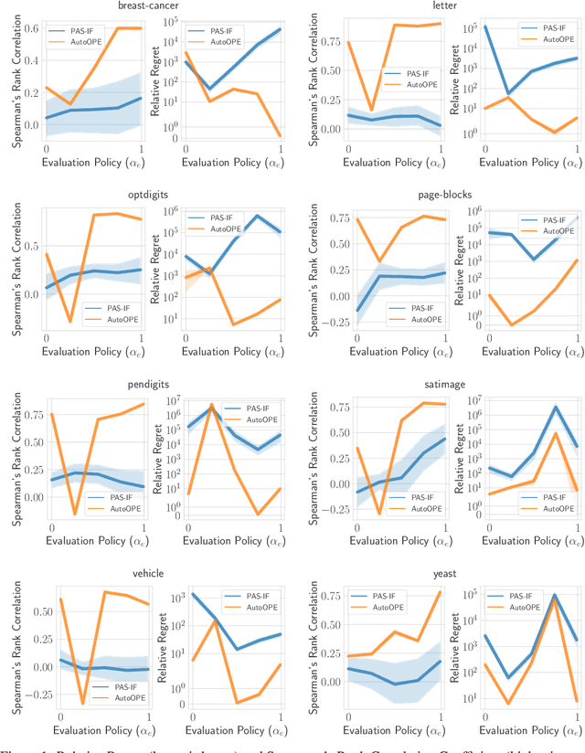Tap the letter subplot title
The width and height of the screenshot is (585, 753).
point(445,7)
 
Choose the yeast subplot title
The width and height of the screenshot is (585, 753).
point(445,574)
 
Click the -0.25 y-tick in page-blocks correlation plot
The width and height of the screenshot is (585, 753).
point(322,322)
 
